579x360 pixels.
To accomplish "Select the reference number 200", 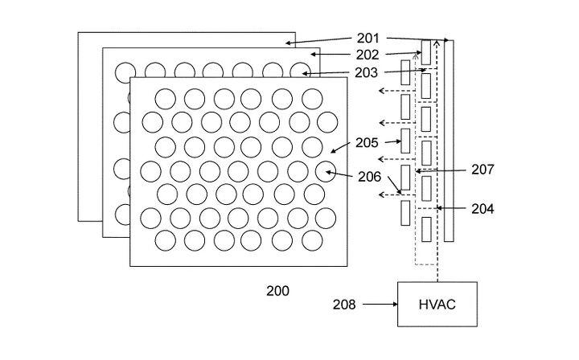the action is (277, 291).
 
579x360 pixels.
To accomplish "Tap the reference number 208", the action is (344, 305).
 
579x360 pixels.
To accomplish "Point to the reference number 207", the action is (482, 170).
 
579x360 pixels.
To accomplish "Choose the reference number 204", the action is (482, 209).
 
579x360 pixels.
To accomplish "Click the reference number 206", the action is (369, 177).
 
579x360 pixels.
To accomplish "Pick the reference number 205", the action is (367, 143).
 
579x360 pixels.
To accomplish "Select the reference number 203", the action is (367, 73).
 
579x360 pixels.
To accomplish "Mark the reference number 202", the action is (368, 55).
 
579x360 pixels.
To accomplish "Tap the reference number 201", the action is (368, 38).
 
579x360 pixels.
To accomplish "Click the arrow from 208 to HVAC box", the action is (380, 305).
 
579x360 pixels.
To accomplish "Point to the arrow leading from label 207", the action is (441, 171).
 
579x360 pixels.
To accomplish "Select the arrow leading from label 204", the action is (451, 208).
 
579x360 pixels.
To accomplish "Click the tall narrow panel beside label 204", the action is (449, 141).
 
